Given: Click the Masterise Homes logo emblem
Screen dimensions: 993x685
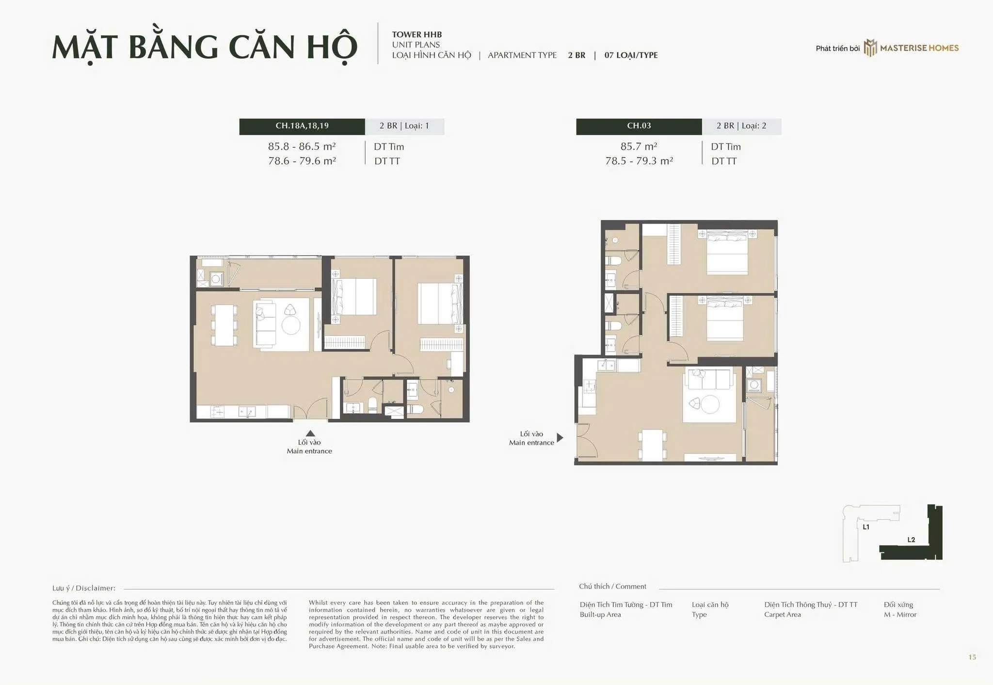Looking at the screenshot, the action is point(870,48).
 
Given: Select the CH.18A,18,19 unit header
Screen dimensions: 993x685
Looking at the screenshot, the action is point(302,126).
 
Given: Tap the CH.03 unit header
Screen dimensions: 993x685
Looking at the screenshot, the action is point(639,126).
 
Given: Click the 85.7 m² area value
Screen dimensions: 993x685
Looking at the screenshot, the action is point(639,146).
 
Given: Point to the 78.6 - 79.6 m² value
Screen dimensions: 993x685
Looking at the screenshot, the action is point(302,161).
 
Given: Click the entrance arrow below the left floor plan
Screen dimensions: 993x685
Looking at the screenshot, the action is point(310,433).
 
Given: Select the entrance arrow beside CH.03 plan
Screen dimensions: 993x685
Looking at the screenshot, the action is point(560,438).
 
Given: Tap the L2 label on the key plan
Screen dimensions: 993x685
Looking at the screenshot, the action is point(911,540).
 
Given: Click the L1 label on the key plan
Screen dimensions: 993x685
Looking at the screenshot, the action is point(866,527).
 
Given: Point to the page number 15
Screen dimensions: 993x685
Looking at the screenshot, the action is point(972,657).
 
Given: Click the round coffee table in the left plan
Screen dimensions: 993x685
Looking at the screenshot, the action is point(291,325).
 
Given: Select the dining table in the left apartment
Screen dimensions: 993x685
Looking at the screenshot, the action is point(224,325).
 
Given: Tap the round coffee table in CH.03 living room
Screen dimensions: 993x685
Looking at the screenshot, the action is point(710,404).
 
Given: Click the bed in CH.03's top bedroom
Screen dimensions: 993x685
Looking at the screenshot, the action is point(727,252).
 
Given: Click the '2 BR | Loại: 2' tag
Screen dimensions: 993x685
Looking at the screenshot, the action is point(741,126).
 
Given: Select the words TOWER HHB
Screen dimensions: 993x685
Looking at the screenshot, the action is point(417,34).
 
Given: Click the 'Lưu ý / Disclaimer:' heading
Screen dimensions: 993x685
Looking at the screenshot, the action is point(84,588).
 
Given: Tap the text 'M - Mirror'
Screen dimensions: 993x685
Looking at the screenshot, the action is point(900,614).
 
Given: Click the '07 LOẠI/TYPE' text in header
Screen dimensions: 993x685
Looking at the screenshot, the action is point(631,55).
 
